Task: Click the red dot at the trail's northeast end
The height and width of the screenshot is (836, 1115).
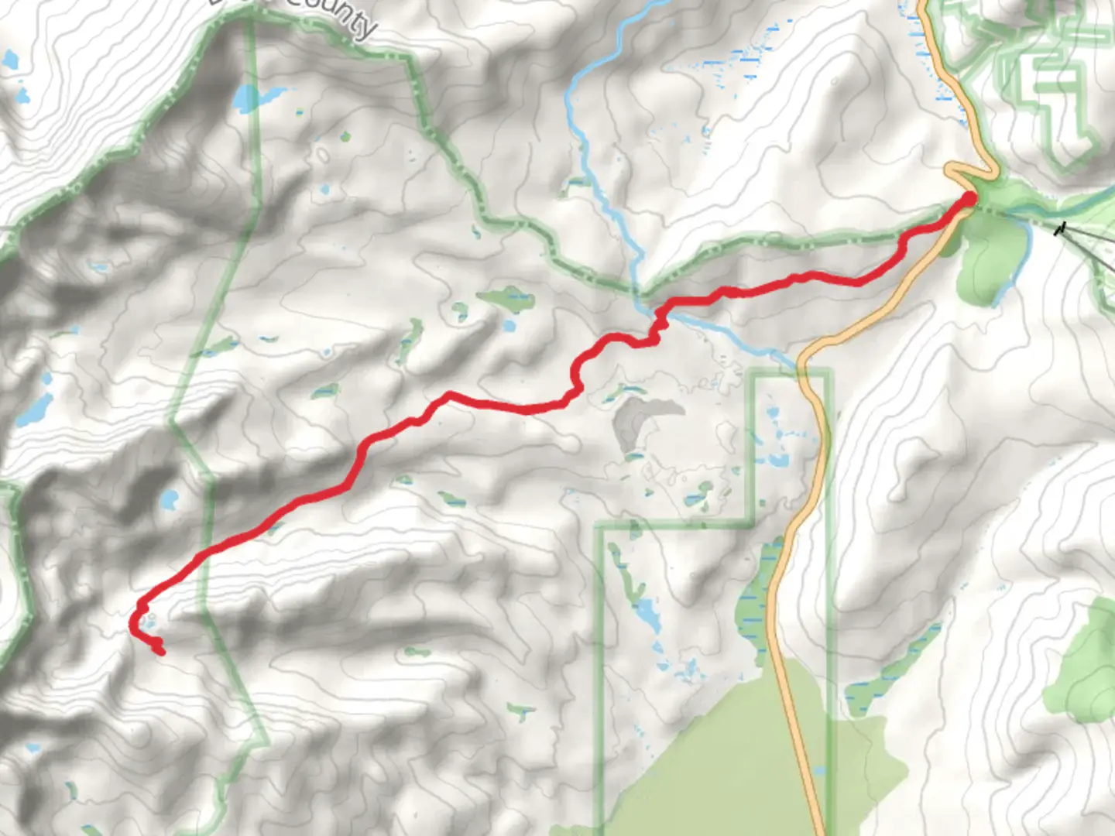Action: (968, 199)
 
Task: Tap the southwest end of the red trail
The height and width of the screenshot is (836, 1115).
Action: (160, 651)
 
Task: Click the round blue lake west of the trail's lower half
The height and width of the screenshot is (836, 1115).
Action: (168, 500)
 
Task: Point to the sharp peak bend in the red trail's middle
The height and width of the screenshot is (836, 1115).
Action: (448, 396)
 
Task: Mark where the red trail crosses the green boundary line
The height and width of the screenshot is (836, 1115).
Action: (204, 553)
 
